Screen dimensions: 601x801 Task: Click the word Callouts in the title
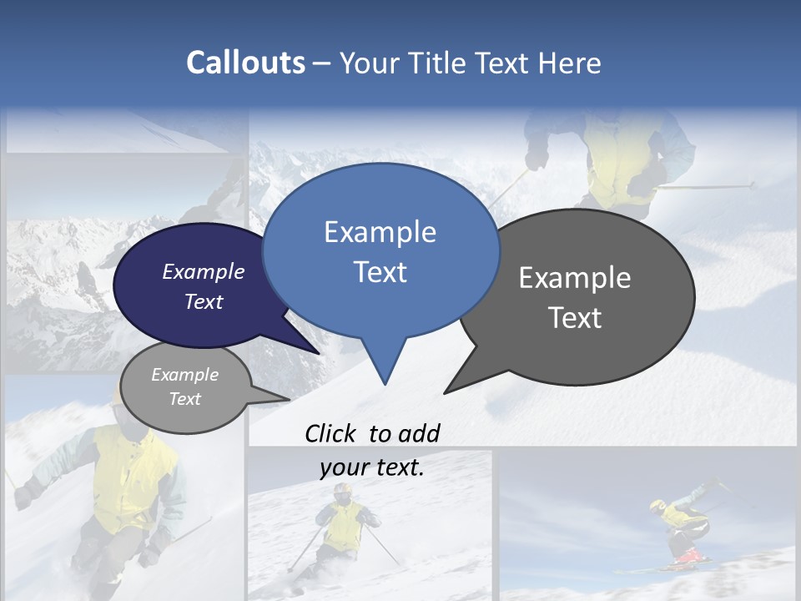[245, 63]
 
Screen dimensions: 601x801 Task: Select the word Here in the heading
[570, 63]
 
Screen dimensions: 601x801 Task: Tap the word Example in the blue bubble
[380, 232]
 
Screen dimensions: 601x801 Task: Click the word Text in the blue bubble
[380, 272]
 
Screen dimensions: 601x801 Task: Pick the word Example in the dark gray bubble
[575, 278]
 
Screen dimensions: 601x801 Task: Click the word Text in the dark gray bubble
[575, 318]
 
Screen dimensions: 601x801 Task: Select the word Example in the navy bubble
[204, 271]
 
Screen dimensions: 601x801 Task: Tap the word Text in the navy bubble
[204, 301]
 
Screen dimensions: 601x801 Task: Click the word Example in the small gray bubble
[184, 375]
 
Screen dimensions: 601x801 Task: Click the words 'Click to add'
[372, 433]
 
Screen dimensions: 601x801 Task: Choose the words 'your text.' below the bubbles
[372, 467]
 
